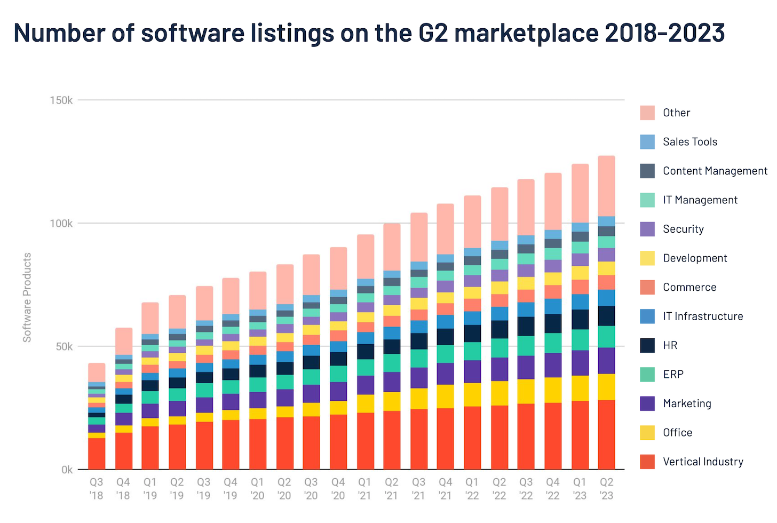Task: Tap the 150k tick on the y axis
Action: tap(61, 100)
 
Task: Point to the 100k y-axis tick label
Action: tap(61, 224)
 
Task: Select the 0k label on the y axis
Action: tap(67, 470)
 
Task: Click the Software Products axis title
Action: tap(27, 297)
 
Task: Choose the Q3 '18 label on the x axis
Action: tap(97, 488)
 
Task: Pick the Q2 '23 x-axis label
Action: tap(607, 488)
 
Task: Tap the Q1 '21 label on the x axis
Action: tap(365, 488)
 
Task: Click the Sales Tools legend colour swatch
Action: tap(647, 142)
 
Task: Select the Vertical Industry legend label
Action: tap(703, 462)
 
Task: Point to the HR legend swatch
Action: tap(647, 345)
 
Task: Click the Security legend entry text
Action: tap(683, 229)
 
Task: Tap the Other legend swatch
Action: tap(647, 113)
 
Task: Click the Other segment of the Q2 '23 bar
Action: tap(607, 186)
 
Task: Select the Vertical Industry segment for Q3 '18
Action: tap(97, 454)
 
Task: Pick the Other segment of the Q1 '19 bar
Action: tap(150, 318)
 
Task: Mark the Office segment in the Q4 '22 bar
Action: tap(553, 390)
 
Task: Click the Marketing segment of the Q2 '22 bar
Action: tap(499, 369)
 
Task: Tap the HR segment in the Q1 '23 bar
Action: tap(580, 319)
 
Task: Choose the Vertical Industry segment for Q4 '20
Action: tap(338, 442)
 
